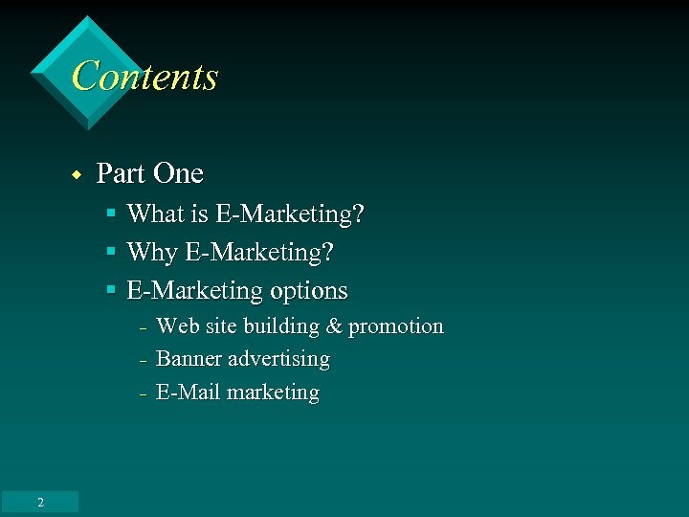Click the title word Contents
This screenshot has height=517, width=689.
click(144, 77)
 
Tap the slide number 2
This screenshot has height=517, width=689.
click(40, 503)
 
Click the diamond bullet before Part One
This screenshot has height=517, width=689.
click(76, 175)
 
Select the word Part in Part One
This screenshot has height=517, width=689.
click(121, 173)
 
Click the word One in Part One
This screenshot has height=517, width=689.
click(178, 173)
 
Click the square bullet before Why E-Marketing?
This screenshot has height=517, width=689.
click(111, 252)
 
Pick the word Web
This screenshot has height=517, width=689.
click(178, 326)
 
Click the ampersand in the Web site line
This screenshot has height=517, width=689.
click(334, 326)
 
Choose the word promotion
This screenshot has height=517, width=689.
click(396, 326)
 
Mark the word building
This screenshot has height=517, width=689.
click(281, 326)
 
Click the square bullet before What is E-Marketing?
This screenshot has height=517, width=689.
click(111, 213)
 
